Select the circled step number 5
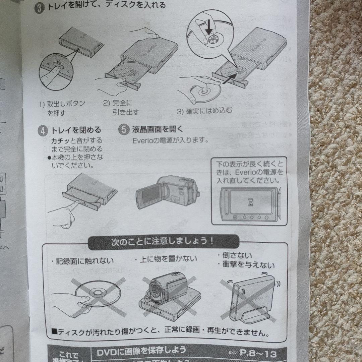click(124, 129)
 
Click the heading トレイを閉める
click(76, 130)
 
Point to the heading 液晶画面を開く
click(158, 129)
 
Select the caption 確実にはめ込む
click(204, 110)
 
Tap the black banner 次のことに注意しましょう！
click(163, 241)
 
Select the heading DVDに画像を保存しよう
click(141, 351)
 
